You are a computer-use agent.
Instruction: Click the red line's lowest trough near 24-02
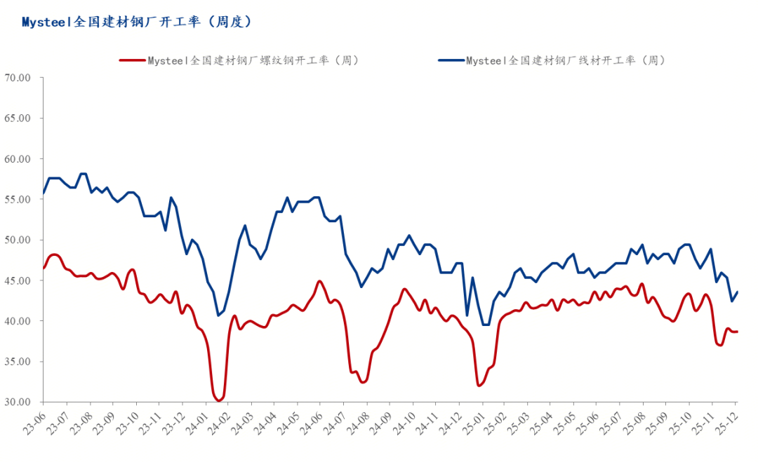click(219, 400)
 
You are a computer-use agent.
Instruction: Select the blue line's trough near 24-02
click(218, 315)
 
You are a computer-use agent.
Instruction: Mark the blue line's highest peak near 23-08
click(84, 173)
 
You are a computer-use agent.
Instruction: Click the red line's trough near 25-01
click(479, 386)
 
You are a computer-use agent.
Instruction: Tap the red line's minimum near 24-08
click(362, 382)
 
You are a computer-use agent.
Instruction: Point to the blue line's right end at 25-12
click(738, 292)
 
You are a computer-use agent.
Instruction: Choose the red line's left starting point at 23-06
click(44, 268)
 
